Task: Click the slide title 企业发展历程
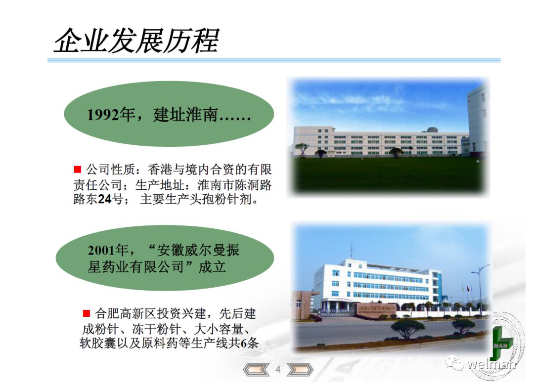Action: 136,41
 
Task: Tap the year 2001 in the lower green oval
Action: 101,251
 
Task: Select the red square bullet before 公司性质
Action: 78,169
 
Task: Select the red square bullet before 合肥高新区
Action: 86,313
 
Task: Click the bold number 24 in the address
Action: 104,199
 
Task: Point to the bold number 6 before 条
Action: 243,343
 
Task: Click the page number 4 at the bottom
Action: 278,370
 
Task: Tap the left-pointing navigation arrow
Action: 256,370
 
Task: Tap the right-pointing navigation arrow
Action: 300,370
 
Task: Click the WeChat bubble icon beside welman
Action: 455,363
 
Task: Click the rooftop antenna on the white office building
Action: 352,251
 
